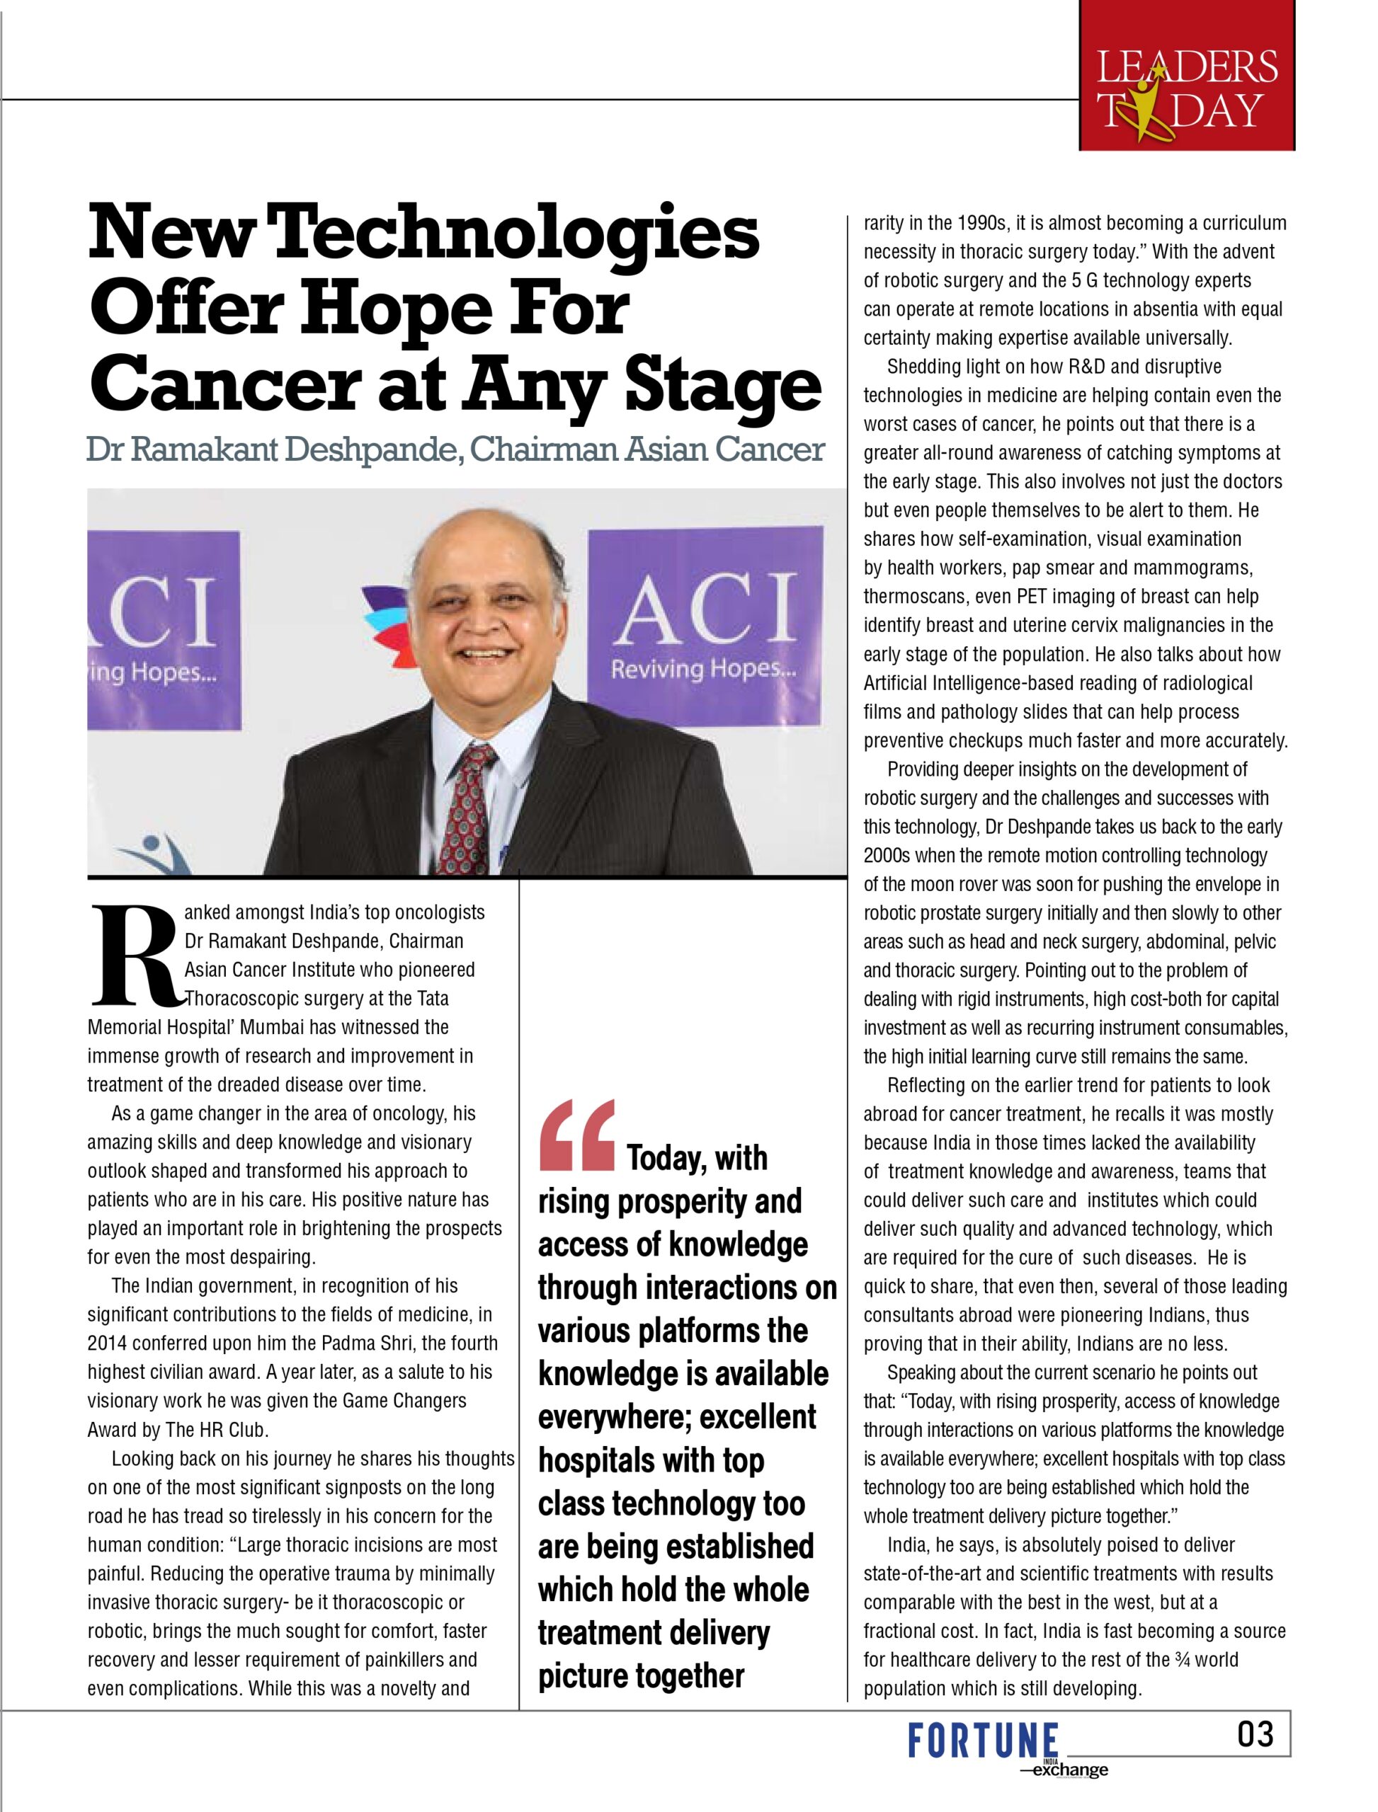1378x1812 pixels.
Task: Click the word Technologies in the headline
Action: coord(514,234)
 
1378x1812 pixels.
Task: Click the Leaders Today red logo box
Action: coord(1186,76)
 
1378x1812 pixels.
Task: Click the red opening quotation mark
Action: coord(576,1135)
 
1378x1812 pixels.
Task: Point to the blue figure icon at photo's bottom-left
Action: coord(156,853)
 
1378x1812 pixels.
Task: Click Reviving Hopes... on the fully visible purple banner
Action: coord(703,669)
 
